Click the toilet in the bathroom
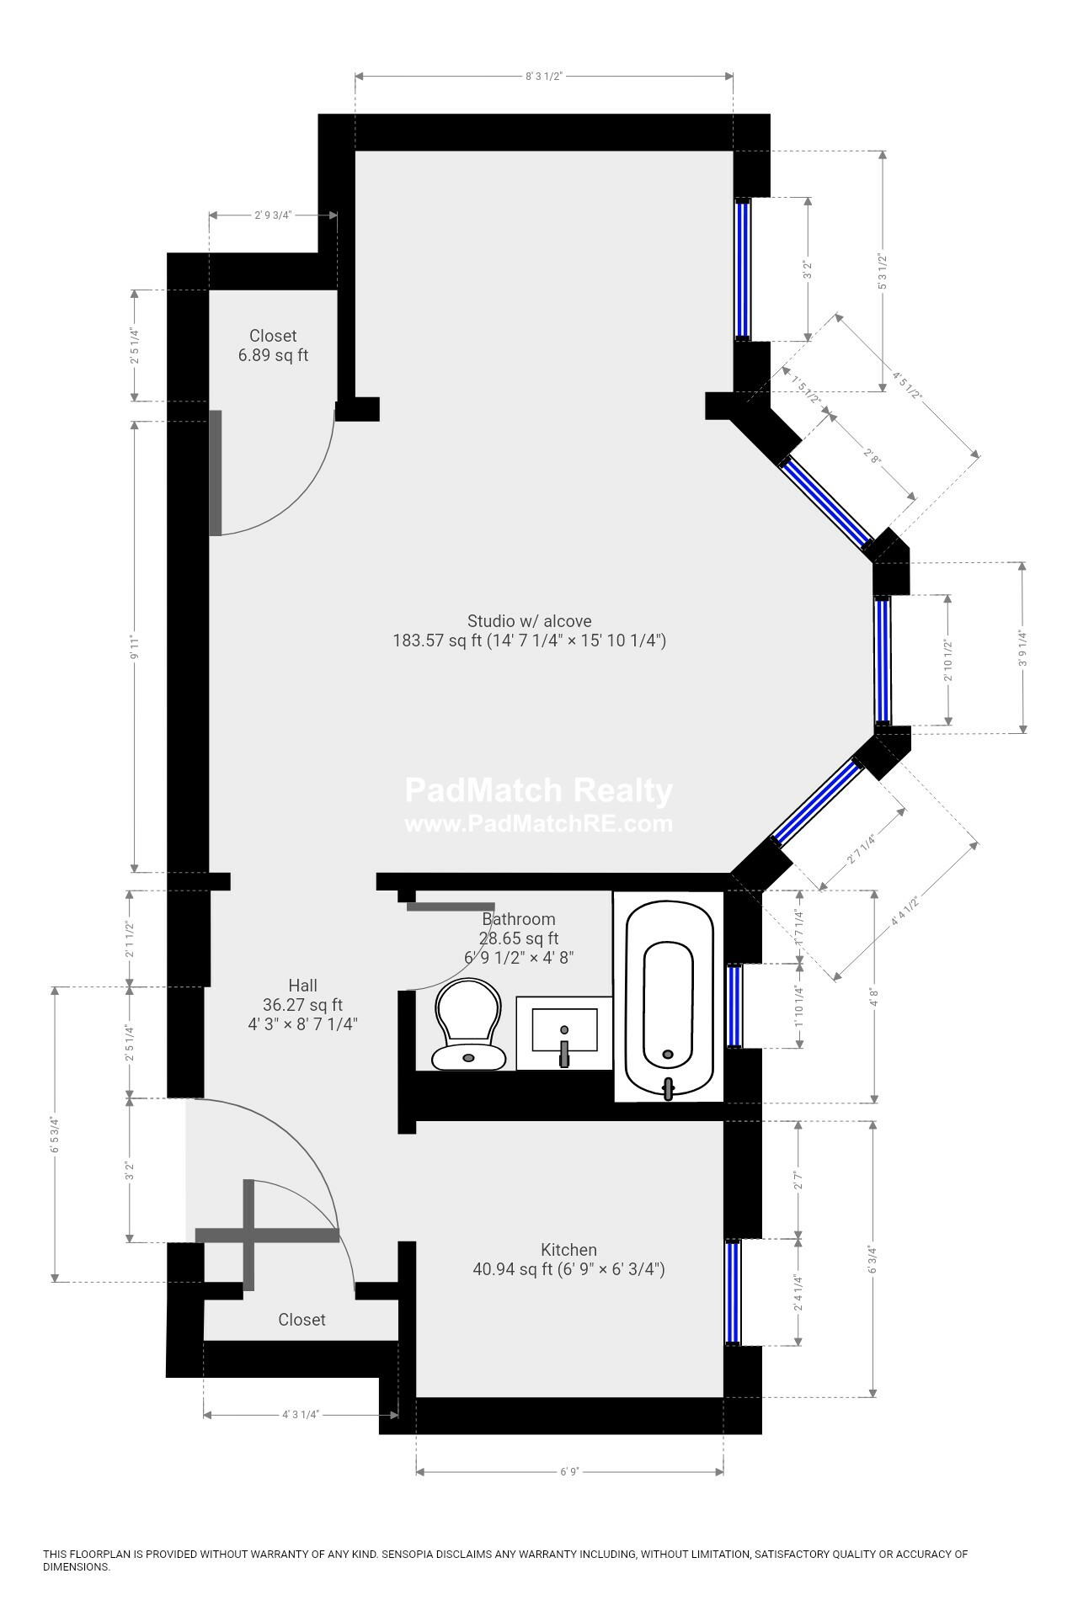click(468, 1023)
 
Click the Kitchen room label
click(568, 1250)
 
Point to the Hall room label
click(302, 985)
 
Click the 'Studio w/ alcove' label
click(530, 621)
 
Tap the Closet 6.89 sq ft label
click(273, 345)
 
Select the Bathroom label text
click(519, 919)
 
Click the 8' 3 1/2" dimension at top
click(543, 76)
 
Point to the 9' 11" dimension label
click(133, 646)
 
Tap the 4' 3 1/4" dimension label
click(300, 1414)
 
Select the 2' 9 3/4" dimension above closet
click(273, 215)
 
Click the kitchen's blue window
click(733, 1292)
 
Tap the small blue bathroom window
click(735, 1006)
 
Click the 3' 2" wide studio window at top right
click(743, 269)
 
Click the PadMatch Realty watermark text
click(539, 790)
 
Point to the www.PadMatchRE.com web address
click(539, 823)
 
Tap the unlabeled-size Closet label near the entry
click(302, 1319)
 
